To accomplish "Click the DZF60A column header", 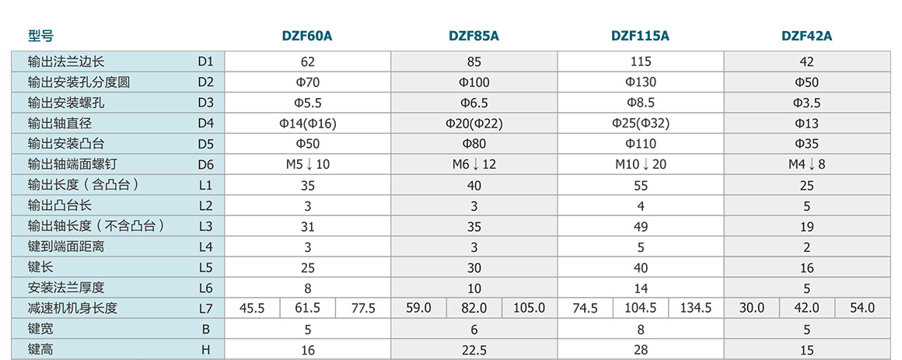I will [307, 36].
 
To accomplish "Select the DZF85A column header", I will [474, 36].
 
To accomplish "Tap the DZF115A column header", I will [640, 36].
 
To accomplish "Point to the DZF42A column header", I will [806, 36].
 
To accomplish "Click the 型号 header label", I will [40, 36].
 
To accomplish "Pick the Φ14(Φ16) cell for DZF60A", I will [307, 123].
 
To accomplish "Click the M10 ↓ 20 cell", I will [641, 164].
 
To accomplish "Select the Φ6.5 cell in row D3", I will [474, 103].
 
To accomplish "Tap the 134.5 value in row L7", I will [696, 308].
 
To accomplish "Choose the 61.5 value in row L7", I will [308, 308].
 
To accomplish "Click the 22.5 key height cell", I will [474, 350].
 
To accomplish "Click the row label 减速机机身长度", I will [72, 308].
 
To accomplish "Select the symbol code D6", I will [205, 164].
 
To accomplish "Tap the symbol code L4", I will [205, 246].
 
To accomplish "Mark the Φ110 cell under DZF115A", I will [641, 144].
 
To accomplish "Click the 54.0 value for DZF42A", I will [862, 308].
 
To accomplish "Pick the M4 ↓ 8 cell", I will [807, 164].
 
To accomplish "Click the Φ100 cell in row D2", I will [474, 82].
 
